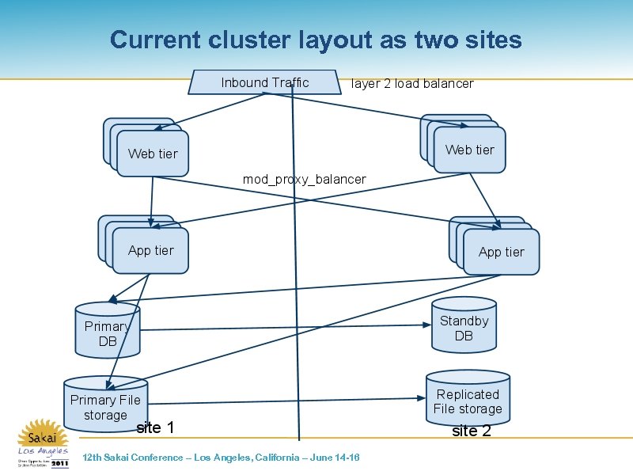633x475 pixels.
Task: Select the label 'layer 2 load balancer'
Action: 411,84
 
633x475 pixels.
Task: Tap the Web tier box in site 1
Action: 153,154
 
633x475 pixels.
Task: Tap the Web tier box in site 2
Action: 469,150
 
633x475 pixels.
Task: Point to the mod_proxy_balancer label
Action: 304,180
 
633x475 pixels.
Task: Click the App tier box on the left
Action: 150,250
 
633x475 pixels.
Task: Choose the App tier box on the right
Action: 501,252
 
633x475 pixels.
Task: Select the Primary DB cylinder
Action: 108,333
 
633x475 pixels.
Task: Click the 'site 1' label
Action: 155,428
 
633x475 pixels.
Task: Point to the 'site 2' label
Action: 472,431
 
